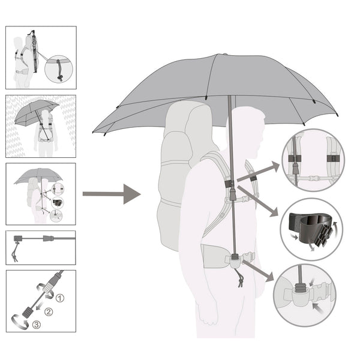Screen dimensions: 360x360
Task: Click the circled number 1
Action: click(60, 298)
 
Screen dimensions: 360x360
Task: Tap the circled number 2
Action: click(49, 311)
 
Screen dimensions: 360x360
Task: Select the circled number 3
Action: click(36, 325)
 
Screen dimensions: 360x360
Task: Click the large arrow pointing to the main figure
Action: click(112, 194)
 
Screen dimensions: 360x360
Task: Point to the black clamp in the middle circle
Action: click(311, 228)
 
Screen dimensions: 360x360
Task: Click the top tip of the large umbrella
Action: click(225, 54)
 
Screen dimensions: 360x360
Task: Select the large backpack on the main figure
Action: click(184, 175)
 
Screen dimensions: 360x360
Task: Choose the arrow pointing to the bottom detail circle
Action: click(258, 271)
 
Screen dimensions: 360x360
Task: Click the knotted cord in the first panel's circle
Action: click(59, 70)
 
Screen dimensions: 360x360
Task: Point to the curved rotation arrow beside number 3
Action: click(20, 321)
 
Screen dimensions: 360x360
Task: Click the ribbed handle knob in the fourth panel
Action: click(17, 239)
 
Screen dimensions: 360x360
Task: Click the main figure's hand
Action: click(208, 318)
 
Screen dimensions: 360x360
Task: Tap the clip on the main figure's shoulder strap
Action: click(230, 184)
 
